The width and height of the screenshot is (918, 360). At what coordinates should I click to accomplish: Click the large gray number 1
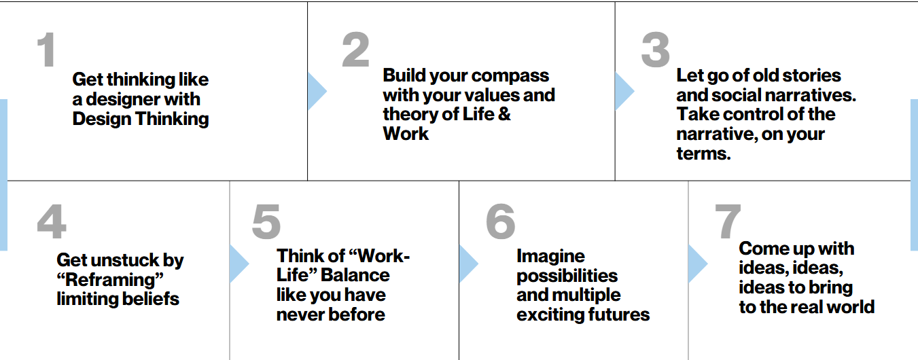46,50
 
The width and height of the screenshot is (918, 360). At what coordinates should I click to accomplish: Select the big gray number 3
656,50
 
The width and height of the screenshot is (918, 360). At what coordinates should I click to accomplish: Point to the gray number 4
52,221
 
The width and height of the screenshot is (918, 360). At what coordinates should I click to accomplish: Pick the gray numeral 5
266,221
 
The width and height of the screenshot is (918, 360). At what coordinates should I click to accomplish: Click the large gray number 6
500,221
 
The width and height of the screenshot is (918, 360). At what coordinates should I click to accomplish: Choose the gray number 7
728,221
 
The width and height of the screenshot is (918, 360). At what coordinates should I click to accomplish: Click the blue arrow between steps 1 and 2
317,91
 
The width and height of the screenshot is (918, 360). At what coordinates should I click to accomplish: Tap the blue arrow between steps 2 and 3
624,91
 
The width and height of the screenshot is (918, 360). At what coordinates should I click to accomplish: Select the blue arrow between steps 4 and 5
239,264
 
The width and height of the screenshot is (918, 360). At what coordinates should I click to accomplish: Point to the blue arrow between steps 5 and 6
468,264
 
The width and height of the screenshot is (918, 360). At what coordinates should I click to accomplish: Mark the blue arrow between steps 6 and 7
698,264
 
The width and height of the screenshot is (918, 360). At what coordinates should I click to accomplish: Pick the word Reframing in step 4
110,280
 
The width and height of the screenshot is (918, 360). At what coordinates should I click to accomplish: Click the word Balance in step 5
355,275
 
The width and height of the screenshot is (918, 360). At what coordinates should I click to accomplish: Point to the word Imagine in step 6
551,257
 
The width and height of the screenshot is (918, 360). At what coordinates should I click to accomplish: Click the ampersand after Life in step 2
504,114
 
